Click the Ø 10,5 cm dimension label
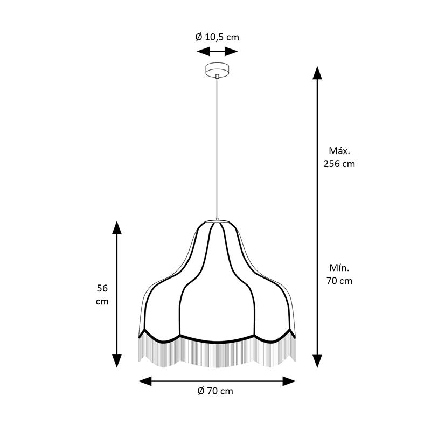pos(217,37)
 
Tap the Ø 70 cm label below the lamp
pos(215,391)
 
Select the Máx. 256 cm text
pos(339,157)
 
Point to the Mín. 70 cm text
pos(339,274)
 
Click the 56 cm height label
pos(102,295)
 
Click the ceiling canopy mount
pos(218,69)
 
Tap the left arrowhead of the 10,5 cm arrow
pos(204,51)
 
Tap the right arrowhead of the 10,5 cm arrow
pos(231,51)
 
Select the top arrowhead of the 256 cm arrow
pos(317,73)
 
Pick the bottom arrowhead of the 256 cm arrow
pos(317,361)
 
